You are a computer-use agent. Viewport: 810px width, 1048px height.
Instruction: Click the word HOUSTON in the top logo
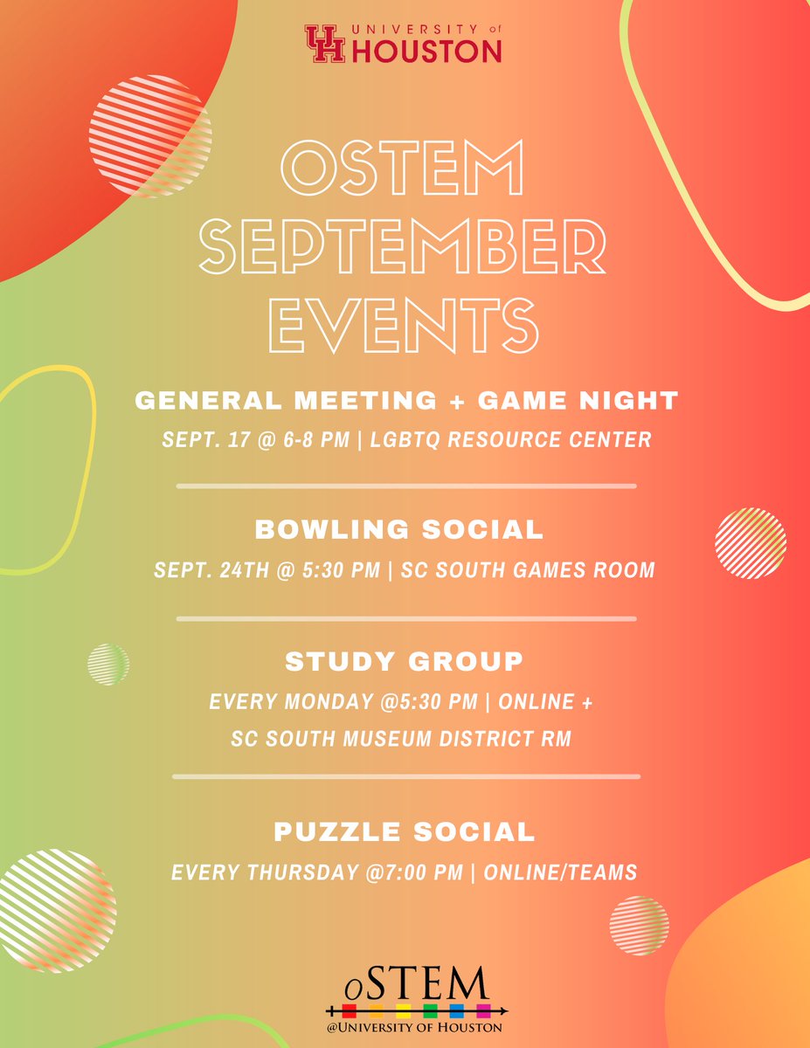point(426,52)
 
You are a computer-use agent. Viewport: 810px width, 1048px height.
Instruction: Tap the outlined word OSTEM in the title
point(406,171)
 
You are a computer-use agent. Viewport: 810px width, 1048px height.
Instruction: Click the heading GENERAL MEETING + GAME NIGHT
point(406,401)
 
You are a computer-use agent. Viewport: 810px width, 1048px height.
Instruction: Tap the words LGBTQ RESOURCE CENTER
point(511,438)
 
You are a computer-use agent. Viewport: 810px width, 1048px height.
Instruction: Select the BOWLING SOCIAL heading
point(399,529)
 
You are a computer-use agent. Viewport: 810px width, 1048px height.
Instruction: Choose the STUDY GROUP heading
point(404,661)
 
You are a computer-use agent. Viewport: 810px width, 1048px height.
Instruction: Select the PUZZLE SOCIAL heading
point(405,831)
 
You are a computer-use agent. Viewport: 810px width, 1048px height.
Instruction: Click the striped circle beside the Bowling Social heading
point(750,542)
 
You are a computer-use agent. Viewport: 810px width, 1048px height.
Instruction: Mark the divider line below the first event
point(406,486)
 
